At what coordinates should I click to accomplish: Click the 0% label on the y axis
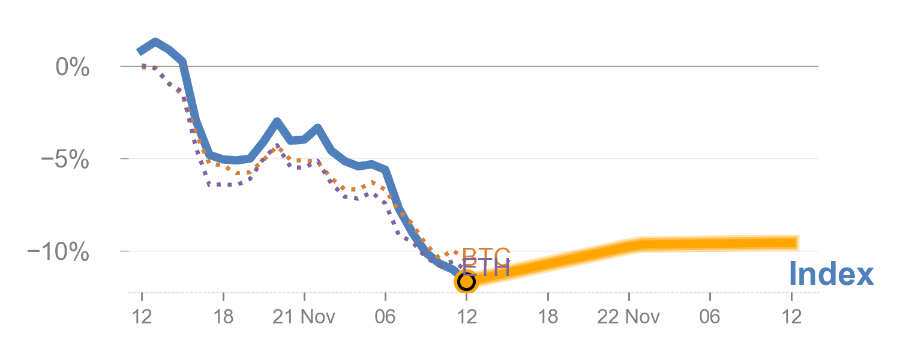tap(72, 67)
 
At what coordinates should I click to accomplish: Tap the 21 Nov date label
tap(304, 317)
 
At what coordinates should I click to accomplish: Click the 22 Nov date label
tap(628, 317)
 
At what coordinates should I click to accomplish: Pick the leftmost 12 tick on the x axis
tap(142, 317)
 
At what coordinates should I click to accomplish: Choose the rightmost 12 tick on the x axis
tap(791, 317)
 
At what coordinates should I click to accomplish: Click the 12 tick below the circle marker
tap(466, 317)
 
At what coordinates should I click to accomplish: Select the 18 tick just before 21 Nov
tap(223, 317)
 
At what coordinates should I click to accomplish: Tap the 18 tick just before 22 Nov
tap(548, 317)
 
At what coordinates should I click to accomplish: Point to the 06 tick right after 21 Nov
tap(385, 317)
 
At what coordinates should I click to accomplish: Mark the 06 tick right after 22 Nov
tap(710, 317)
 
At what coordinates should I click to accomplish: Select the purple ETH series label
tap(486, 268)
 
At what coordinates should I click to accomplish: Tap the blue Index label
tap(831, 274)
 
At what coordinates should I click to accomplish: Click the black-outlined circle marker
tap(466, 281)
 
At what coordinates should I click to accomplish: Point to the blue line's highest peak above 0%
tap(155, 42)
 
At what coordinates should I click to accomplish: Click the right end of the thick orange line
tap(799, 242)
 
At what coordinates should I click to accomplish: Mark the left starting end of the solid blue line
tap(139, 52)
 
